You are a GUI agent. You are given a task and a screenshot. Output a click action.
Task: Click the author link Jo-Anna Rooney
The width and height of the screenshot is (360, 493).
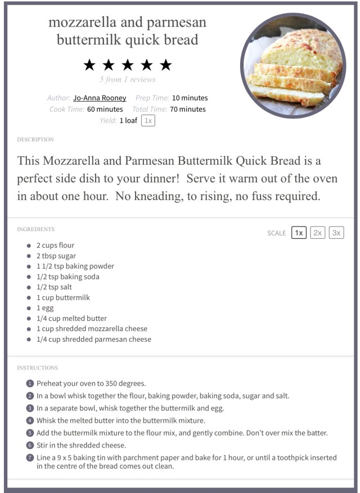click(100, 98)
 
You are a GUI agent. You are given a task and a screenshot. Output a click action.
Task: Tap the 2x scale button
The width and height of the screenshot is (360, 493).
click(318, 233)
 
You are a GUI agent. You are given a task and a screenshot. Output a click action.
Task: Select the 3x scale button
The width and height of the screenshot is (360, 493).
click(336, 233)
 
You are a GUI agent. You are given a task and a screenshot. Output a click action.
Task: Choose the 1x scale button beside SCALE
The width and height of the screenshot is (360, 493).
click(299, 233)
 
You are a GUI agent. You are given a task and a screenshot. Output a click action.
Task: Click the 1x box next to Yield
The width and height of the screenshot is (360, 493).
click(148, 120)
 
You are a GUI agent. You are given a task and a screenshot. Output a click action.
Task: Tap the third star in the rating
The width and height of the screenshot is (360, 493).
click(127, 65)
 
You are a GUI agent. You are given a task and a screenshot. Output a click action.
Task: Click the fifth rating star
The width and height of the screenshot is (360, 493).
click(165, 65)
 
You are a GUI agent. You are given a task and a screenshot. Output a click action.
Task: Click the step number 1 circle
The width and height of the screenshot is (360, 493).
click(30, 383)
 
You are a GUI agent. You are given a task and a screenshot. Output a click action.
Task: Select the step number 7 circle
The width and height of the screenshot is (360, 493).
click(30, 458)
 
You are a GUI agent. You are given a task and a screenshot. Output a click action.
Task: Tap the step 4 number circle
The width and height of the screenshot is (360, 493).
click(30, 420)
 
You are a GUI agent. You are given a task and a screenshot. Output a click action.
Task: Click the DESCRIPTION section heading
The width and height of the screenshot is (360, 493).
click(35, 139)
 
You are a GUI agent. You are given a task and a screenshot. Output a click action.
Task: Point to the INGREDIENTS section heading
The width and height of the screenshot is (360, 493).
click(35, 229)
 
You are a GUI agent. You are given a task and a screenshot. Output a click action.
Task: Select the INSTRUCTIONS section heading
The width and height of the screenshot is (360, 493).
click(37, 368)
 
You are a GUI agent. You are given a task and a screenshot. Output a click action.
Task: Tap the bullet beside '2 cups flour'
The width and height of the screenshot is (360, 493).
click(29, 246)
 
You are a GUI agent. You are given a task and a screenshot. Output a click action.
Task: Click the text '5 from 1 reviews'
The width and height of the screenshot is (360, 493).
click(127, 79)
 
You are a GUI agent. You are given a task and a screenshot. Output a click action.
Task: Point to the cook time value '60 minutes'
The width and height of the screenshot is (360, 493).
click(105, 109)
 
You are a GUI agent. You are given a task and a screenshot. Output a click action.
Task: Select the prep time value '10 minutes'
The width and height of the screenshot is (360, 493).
click(190, 98)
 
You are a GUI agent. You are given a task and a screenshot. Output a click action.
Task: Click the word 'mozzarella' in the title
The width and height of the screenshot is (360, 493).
click(84, 22)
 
